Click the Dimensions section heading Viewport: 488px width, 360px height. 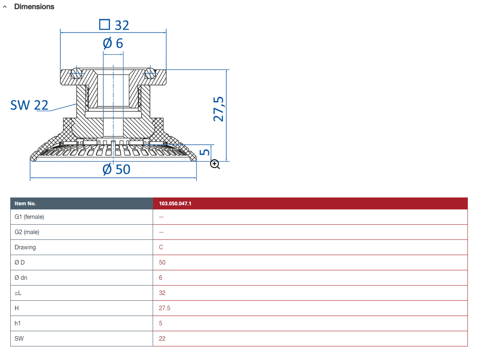(34, 7)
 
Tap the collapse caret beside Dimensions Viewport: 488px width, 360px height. (5, 7)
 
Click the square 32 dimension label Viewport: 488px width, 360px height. (114, 25)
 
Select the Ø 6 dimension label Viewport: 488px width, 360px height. (113, 43)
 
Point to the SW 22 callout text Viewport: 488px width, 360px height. (29, 105)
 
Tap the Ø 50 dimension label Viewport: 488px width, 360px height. (116, 169)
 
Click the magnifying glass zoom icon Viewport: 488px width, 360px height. (215, 165)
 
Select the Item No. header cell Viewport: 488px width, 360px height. (26, 204)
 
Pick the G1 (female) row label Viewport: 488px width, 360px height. (29, 217)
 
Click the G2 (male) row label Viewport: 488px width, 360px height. (27, 232)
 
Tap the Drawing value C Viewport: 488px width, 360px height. (161, 247)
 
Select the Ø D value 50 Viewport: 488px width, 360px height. (162, 262)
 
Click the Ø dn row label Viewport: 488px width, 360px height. (21, 278)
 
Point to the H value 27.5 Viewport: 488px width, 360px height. (165, 308)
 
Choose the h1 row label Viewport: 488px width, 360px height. (18, 323)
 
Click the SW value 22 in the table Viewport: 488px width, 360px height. (162, 339)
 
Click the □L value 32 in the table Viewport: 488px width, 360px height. (162, 293)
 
